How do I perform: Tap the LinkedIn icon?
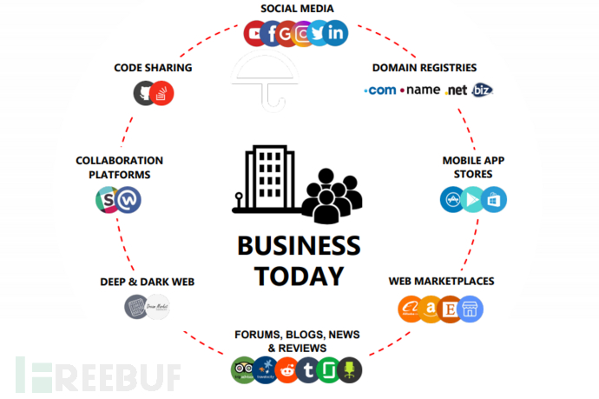(336, 34)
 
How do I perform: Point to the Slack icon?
(107, 201)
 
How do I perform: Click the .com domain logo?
(380, 90)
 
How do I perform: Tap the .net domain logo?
(456, 90)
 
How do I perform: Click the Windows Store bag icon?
(494, 199)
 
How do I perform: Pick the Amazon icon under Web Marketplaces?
(430, 309)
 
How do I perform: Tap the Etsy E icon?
(450, 309)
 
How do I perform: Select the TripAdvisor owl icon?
(243, 370)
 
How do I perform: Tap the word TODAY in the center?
(299, 276)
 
